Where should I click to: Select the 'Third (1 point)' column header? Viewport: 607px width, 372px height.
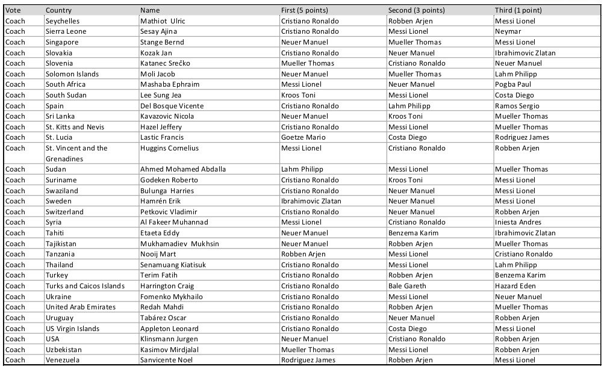518,10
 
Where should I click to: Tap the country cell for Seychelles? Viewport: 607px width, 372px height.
63,21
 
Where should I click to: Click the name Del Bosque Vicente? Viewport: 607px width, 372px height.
172,106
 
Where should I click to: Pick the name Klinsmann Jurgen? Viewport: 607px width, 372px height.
169,339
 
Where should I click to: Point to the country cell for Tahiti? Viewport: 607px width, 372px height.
55,233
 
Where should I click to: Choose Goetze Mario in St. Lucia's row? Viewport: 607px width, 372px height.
303,137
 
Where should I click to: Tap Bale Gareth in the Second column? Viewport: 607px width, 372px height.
407,286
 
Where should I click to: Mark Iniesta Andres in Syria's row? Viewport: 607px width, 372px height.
518,222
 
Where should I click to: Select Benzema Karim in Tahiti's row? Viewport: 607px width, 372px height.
412,233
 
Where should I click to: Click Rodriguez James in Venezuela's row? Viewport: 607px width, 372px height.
308,360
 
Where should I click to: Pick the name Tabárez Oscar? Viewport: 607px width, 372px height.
163,318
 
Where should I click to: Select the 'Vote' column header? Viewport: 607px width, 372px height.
13,10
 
